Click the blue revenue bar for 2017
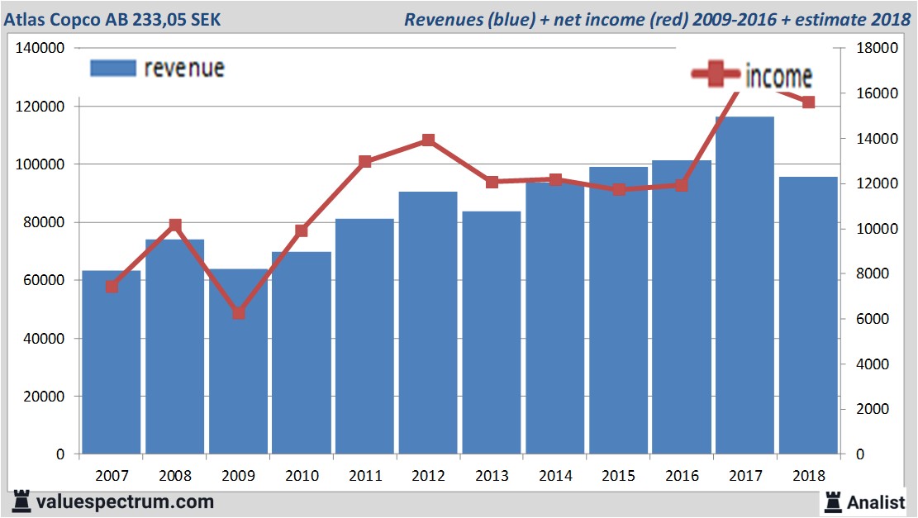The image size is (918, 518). click(744, 285)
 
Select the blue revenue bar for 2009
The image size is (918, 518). click(238, 364)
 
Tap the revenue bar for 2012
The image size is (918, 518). click(428, 322)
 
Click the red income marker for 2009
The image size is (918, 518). click(238, 313)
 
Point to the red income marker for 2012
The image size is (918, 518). click(428, 140)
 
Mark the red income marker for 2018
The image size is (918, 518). click(808, 102)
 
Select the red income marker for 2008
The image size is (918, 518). click(175, 225)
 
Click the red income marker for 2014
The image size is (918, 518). click(554, 179)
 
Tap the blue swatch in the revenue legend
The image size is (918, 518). click(112, 69)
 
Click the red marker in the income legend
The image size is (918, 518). click(716, 75)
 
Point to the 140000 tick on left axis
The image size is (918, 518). click(41, 49)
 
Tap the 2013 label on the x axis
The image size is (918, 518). click(492, 476)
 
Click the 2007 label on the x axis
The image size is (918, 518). click(112, 476)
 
